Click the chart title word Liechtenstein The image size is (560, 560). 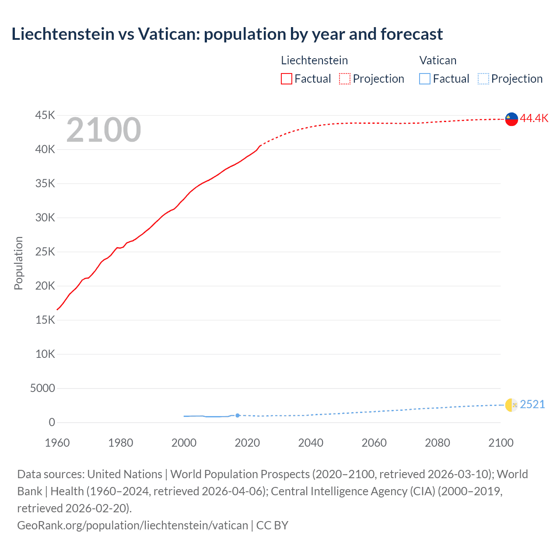(63, 34)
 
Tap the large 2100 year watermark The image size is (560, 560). (104, 130)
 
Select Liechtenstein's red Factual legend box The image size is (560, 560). (287, 79)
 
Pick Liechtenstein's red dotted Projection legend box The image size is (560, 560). (345, 79)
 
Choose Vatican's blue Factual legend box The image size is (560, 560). (425, 79)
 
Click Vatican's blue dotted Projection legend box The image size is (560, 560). (483, 79)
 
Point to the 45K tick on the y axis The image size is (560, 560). (45, 115)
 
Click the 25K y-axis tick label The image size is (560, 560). (45, 252)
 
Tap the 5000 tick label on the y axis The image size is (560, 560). (42, 388)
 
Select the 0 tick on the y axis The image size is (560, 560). (52, 423)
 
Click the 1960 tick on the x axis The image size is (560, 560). (57, 443)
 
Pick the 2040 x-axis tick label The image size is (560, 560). (311, 443)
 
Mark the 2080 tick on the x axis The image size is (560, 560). (437, 443)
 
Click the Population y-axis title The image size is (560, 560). (18, 263)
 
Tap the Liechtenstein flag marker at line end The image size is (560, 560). (511, 119)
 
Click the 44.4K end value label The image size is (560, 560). (534, 119)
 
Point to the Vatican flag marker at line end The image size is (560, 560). (511, 405)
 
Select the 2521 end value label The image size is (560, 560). (532, 405)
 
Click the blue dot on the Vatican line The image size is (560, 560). (238, 416)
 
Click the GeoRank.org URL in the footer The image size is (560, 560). (133, 525)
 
